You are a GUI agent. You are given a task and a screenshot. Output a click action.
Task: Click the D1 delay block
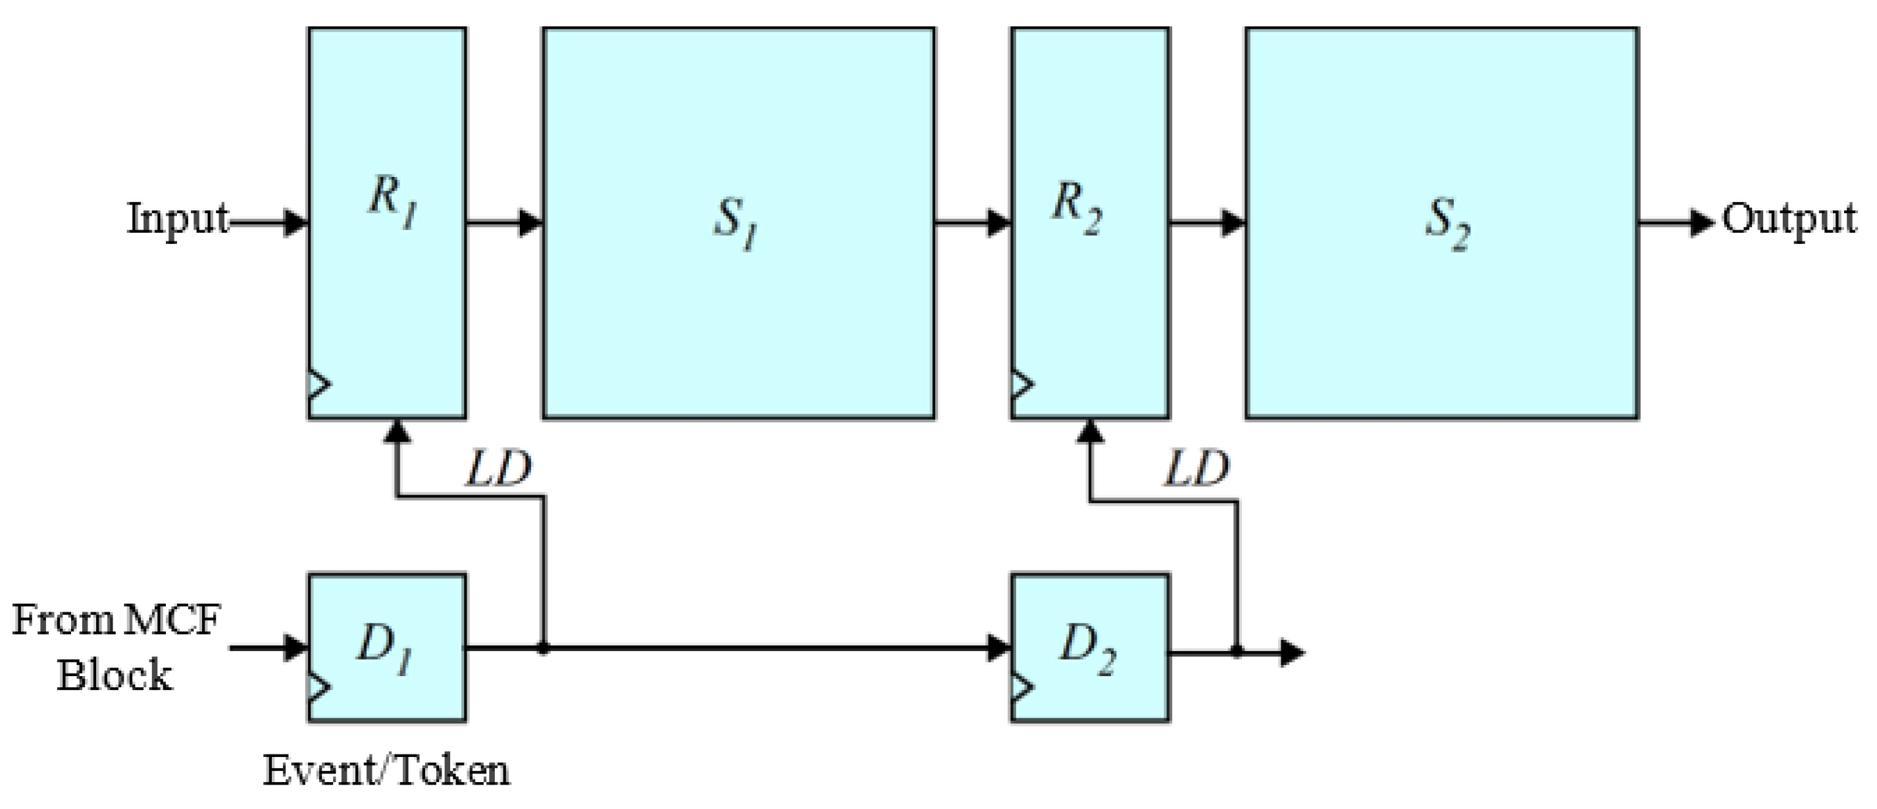tap(387, 647)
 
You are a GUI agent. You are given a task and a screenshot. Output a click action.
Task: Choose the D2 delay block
tap(1089, 647)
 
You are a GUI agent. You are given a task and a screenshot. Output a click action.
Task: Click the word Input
tap(178, 218)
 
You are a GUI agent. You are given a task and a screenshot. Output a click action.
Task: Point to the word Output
tap(1788, 218)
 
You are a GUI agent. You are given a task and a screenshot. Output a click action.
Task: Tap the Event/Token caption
tap(386, 770)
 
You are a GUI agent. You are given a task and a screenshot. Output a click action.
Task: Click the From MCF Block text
tap(115, 647)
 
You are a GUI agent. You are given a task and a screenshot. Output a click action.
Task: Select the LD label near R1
tap(499, 470)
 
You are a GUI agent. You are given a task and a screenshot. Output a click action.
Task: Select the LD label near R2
tap(1196, 470)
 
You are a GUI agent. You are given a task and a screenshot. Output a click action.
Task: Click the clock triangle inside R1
tap(318, 383)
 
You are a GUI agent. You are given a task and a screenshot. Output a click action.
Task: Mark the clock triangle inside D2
tap(1021, 687)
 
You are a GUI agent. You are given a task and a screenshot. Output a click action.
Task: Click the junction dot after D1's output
tap(543, 647)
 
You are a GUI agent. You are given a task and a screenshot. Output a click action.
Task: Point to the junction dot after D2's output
tap(1237, 650)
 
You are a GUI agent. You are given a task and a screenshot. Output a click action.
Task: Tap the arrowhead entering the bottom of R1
tap(396, 431)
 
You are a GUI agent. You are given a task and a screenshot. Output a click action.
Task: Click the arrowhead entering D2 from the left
tap(999, 647)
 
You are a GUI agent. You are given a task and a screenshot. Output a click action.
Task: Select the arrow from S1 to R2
tap(972, 222)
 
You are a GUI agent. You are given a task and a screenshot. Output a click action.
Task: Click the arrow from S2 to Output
tap(1676, 222)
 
